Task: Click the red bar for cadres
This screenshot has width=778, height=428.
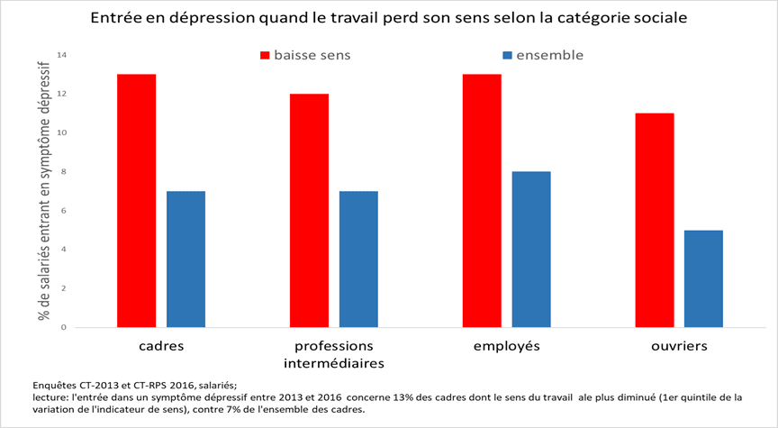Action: tap(137, 200)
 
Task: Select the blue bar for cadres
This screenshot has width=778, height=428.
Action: tap(185, 259)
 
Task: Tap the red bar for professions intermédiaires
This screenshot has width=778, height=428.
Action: tap(309, 210)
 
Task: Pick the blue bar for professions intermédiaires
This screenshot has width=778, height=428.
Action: tap(357, 259)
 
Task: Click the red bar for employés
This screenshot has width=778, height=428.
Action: tap(482, 200)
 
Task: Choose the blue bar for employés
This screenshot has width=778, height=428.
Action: tap(530, 249)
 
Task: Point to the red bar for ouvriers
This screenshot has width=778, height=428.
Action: tap(654, 220)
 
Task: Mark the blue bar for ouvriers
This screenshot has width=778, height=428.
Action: tap(702, 278)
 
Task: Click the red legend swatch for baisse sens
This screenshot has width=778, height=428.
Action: tap(265, 56)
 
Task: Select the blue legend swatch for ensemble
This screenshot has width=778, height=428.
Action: tap(508, 56)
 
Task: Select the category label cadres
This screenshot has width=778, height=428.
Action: tap(163, 346)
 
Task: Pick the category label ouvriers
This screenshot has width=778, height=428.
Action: tap(680, 346)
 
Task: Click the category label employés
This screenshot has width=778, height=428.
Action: tap(507, 346)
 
